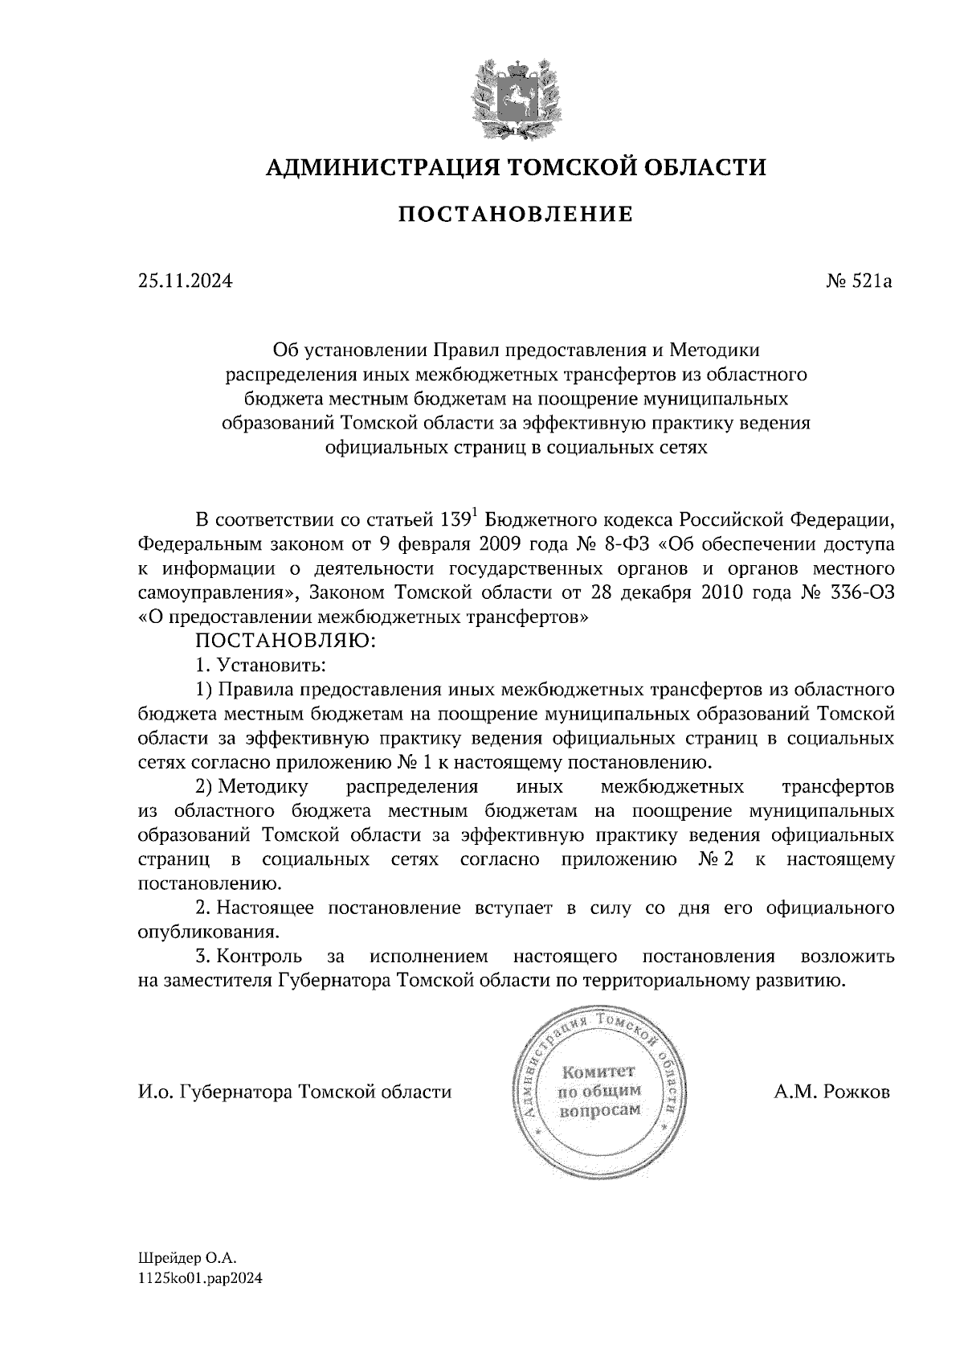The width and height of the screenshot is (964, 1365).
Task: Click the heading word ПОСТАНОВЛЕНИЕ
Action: coord(516,215)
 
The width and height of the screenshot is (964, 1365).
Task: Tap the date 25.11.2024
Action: coord(185,281)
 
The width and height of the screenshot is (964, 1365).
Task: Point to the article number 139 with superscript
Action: coord(460,519)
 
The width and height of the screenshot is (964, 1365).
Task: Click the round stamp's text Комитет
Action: coord(598,1072)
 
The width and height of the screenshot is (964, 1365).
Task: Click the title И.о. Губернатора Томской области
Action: coord(294,1092)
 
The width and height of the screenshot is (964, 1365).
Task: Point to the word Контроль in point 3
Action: coord(259,957)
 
